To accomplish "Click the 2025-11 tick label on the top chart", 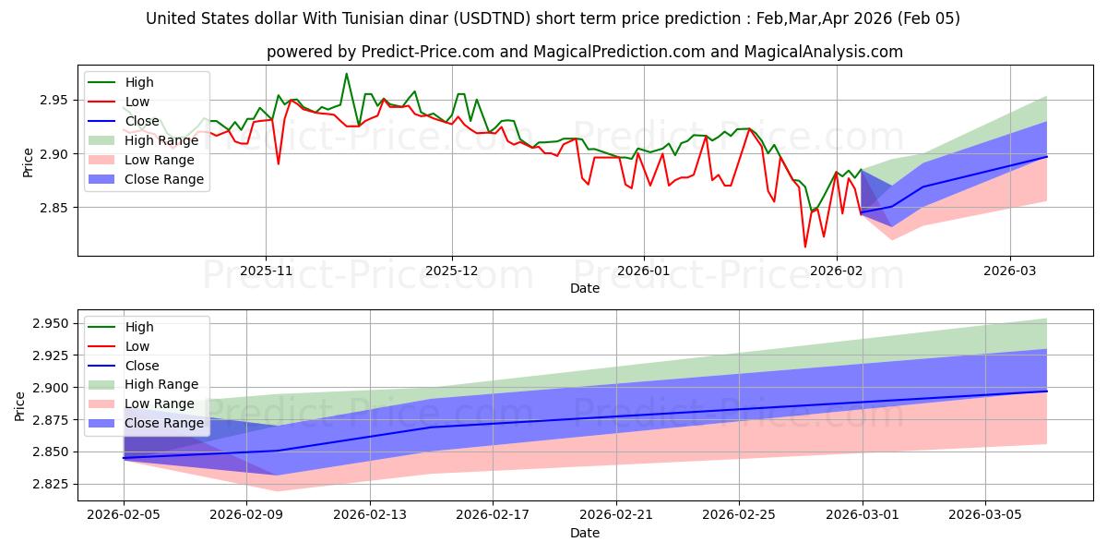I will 266,270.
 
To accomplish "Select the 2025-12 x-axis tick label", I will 452,270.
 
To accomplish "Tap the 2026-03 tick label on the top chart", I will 1010,270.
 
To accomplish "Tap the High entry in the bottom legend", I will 138,327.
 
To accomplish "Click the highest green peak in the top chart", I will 346,74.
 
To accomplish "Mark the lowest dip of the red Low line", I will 805,247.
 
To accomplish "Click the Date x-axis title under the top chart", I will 585,288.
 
